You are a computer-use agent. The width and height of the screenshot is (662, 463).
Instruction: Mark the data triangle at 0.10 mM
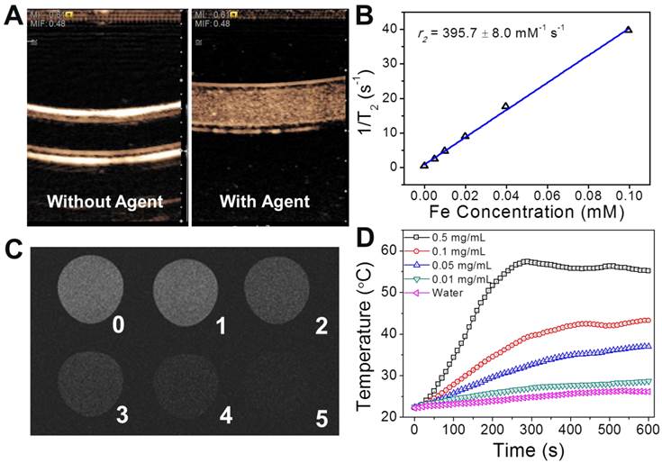[x=629, y=30]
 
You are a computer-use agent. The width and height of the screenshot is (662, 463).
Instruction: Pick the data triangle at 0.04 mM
[x=505, y=106]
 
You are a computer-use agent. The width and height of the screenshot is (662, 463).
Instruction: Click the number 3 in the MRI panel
[x=120, y=415]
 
